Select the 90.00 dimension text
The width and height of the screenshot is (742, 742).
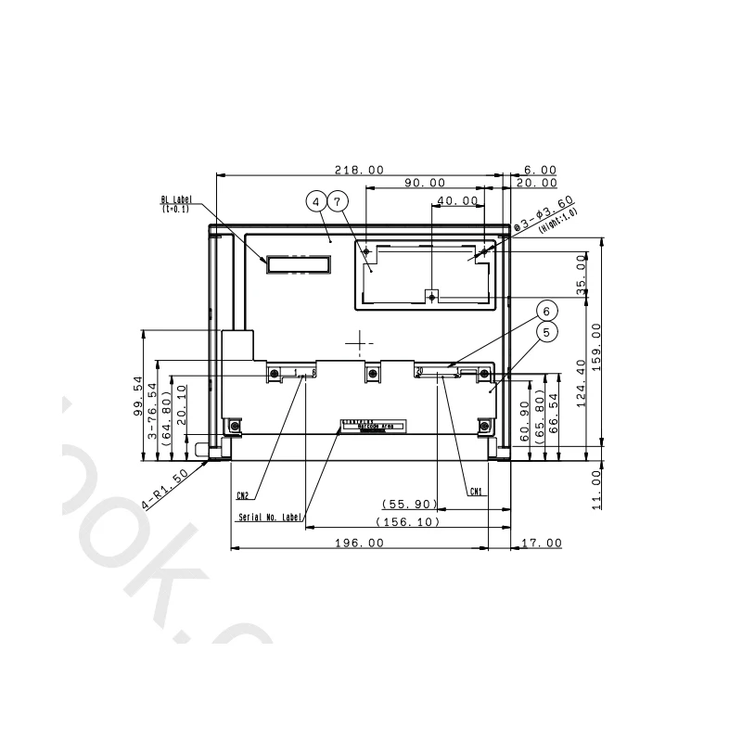[x=424, y=184]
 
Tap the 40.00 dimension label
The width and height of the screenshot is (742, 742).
[x=457, y=200]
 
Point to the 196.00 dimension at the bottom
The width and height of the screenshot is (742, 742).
[x=360, y=544]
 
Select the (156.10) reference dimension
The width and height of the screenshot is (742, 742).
[x=407, y=522]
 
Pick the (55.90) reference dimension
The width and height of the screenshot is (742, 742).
[x=409, y=504]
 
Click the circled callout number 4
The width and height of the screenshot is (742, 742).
[x=317, y=201]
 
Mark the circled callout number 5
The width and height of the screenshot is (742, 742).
[x=547, y=331]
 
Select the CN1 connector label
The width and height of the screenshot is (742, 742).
[x=476, y=492]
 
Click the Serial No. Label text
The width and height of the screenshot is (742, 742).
[x=269, y=518]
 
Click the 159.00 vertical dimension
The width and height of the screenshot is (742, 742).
[x=596, y=345]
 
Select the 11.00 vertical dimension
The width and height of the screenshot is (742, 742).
[x=596, y=488]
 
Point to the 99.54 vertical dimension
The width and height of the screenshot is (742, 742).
[x=137, y=394]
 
